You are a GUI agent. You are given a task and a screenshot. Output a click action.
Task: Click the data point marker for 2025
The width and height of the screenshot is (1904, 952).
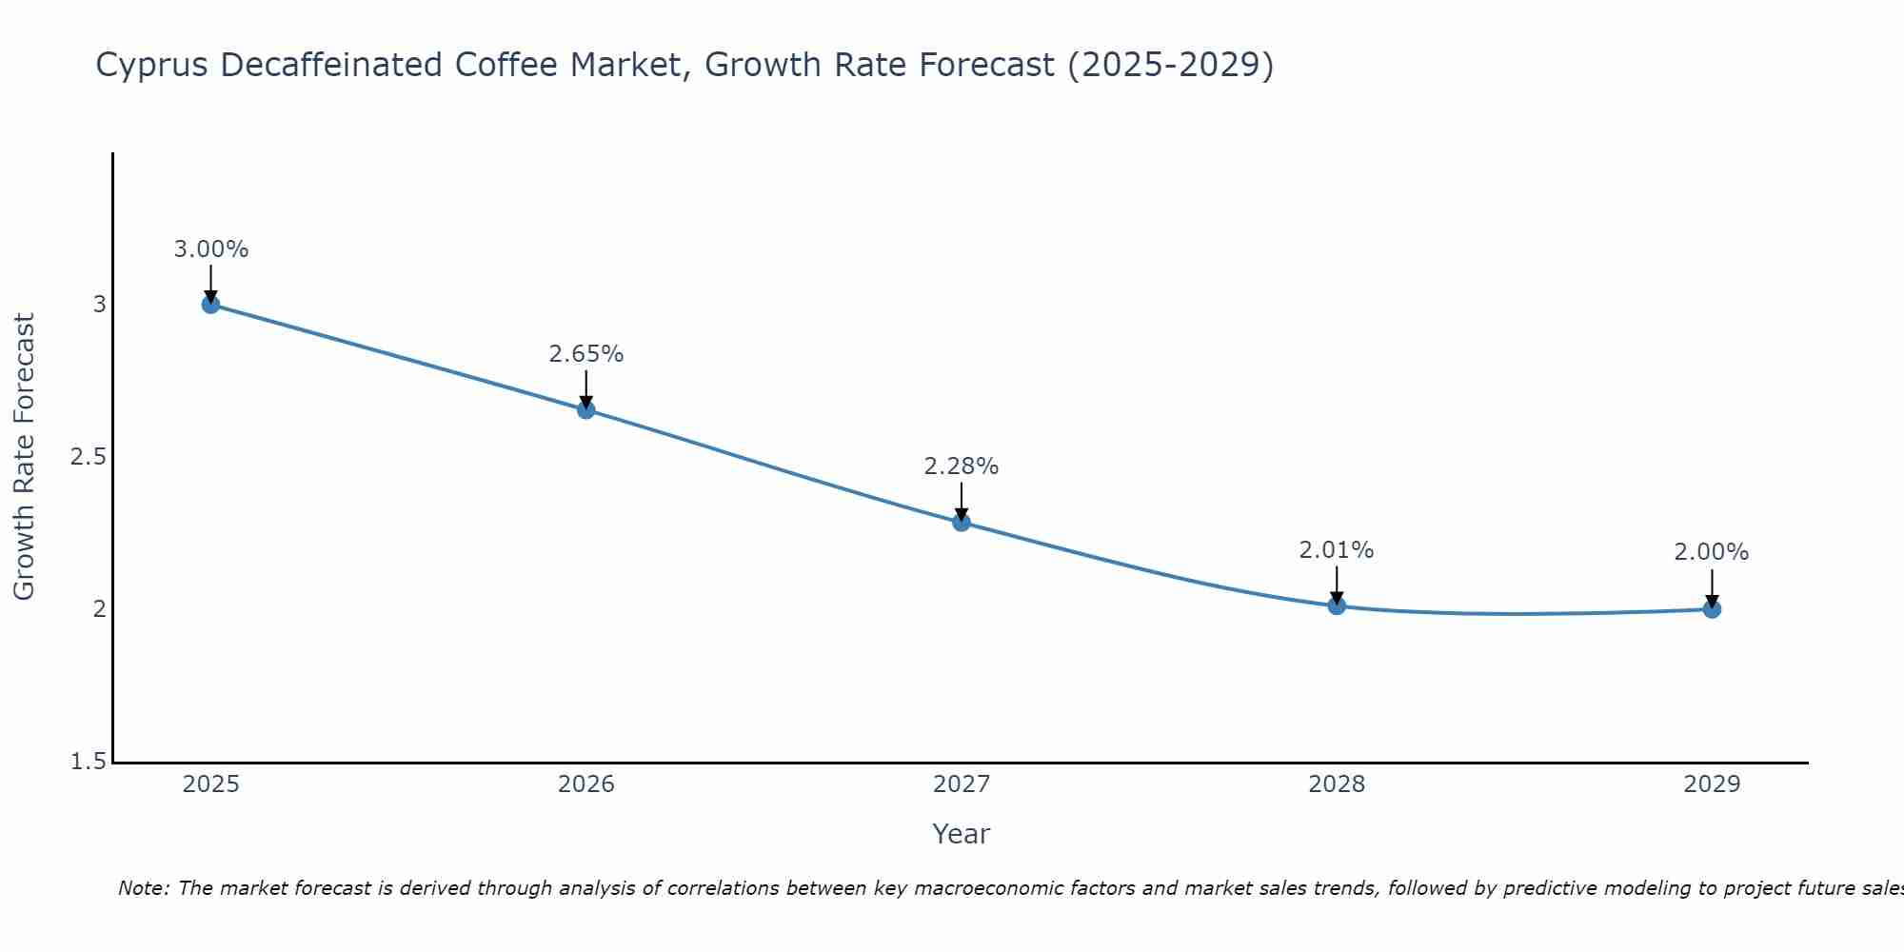pyautogui.click(x=210, y=305)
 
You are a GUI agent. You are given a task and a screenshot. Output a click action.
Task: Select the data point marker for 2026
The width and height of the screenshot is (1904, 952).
pyautogui.click(x=585, y=410)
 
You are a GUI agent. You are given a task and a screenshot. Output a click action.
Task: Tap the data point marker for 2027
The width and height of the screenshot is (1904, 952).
pyautogui.click(x=961, y=522)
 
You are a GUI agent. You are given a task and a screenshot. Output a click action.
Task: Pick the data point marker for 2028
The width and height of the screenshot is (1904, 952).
pyautogui.click(x=1336, y=605)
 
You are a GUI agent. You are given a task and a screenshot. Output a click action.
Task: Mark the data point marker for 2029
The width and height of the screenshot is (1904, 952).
pyautogui.click(x=1711, y=609)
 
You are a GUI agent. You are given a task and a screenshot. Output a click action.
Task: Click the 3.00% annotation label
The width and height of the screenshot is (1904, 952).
pyautogui.click(x=210, y=249)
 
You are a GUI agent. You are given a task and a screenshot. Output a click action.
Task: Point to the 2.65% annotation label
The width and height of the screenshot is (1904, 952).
pyautogui.click(x=585, y=354)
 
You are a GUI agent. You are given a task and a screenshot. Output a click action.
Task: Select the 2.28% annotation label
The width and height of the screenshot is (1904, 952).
pyautogui.click(x=961, y=466)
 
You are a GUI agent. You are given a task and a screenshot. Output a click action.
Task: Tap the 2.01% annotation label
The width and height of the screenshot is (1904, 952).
pyautogui.click(x=1336, y=550)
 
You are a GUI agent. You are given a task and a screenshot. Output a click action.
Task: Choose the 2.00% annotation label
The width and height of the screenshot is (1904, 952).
pyautogui.click(x=1711, y=552)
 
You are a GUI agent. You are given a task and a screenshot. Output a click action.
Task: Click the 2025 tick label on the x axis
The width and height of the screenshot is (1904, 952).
pyautogui.click(x=210, y=784)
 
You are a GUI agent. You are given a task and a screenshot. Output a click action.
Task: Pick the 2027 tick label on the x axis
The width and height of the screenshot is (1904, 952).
pyautogui.click(x=961, y=784)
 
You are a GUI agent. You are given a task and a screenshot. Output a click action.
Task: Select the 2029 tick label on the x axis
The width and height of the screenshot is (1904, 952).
pyautogui.click(x=1711, y=784)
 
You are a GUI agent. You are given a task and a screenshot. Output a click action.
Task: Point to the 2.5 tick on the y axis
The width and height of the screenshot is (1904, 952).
pyautogui.click(x=88, y=457)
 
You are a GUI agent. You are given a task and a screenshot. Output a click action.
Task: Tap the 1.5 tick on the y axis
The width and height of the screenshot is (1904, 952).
pyautogui.click(x=88, y=762)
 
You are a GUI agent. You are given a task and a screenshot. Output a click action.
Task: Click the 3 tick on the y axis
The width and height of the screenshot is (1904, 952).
pyautogui.click(x=99, y=305)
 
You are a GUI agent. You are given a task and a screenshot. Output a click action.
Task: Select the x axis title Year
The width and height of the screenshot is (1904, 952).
pyautogui.click(x=961, y=834)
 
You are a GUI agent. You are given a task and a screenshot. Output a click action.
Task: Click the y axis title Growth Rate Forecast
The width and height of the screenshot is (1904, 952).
pyautogui.click(x=24, y=457)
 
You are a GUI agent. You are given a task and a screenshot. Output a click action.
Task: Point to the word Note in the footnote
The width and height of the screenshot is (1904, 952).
pyautogui.click(x=143, y=888)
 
